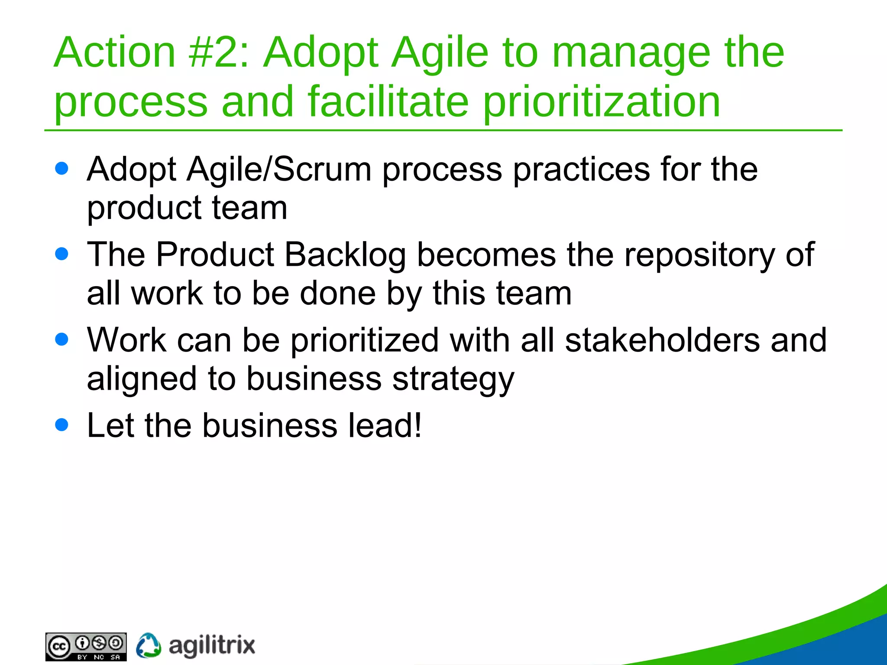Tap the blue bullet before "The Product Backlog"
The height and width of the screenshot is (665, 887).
(x=62, y=254)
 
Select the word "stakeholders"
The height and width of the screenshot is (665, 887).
(x=662, y=340)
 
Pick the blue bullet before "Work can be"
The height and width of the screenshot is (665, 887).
(x=62, y=339)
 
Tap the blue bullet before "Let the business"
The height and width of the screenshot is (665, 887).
(x=62, y=425)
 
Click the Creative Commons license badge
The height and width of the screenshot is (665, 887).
(x=86, y=647)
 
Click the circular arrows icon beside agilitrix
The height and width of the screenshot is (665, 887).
(x=149, y=646)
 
